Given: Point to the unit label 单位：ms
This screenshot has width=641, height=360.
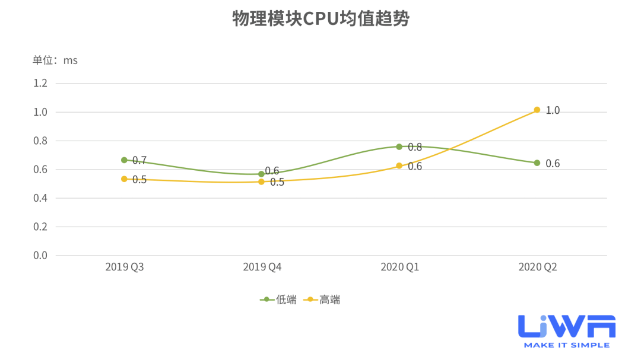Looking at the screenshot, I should pos(55,60).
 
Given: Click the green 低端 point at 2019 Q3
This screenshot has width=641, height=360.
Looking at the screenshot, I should pos(124,160).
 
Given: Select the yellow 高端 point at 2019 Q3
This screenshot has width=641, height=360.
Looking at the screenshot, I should pos(124,179).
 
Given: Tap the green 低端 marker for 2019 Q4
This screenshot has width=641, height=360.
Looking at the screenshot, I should pos(261,174).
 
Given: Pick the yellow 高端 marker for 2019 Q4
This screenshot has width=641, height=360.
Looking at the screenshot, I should pos(261,181).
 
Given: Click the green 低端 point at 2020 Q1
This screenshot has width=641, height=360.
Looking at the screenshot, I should pos(399,146).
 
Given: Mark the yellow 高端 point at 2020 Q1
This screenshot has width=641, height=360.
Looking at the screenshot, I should pos(399,166).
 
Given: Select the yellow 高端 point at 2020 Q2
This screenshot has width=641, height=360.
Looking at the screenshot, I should pos(537,110).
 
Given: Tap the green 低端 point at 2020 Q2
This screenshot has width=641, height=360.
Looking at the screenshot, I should pos(537,163).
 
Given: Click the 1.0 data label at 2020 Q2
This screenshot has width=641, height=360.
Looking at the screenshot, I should pos(553,110).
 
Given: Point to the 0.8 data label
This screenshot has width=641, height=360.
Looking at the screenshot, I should pos(415,147).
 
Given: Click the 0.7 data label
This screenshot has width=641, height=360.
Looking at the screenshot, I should pos(139,160).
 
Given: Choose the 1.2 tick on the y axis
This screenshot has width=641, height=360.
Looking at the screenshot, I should pos(40,83).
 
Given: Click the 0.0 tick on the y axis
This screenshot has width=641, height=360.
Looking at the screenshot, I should pos(40,256).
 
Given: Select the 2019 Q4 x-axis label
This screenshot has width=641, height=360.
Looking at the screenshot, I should pos(262,267).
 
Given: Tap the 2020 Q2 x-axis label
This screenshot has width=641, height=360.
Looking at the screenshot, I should pos(538,267).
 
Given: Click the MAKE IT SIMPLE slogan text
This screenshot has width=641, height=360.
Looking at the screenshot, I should pos(566,345).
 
